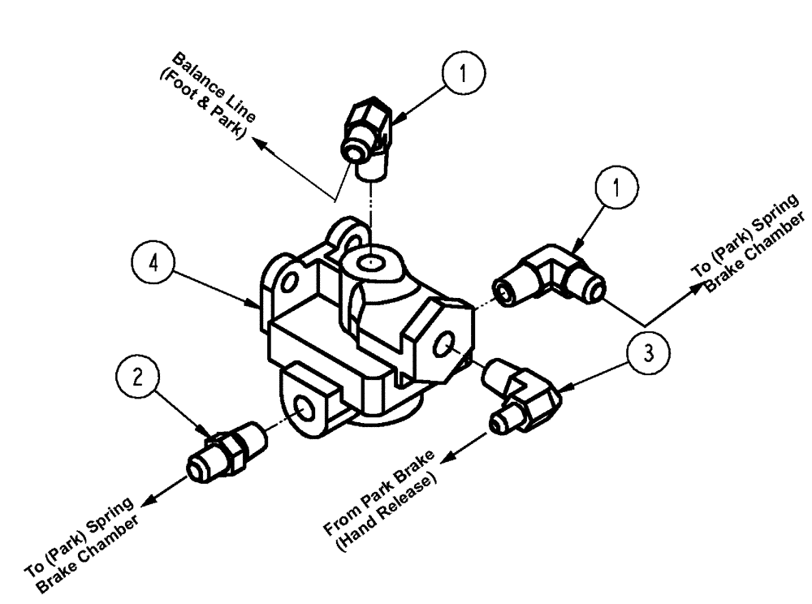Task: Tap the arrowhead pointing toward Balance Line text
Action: [258, 143]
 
